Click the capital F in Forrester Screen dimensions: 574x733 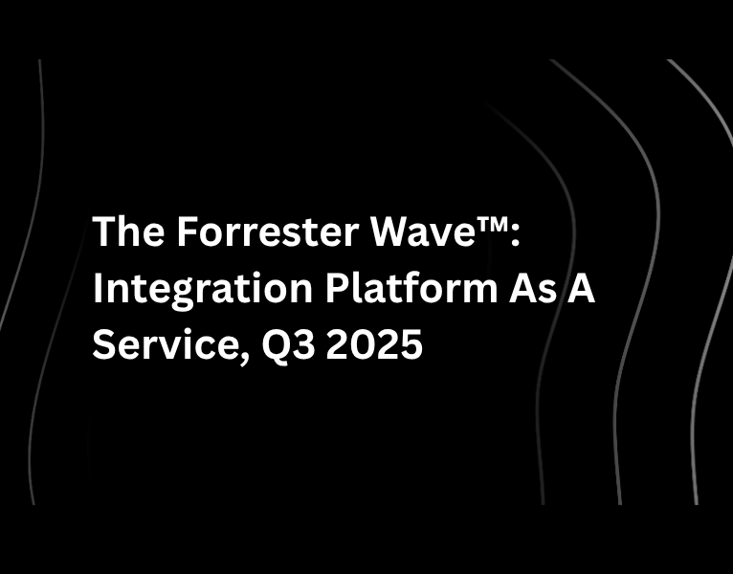tap(186, 232)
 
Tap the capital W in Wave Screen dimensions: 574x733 tap(361, 232)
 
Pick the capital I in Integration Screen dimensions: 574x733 tap(97, 288)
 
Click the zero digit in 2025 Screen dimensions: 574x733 tap(362, 343)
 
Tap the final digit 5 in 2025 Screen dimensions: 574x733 tap(412, 343)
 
